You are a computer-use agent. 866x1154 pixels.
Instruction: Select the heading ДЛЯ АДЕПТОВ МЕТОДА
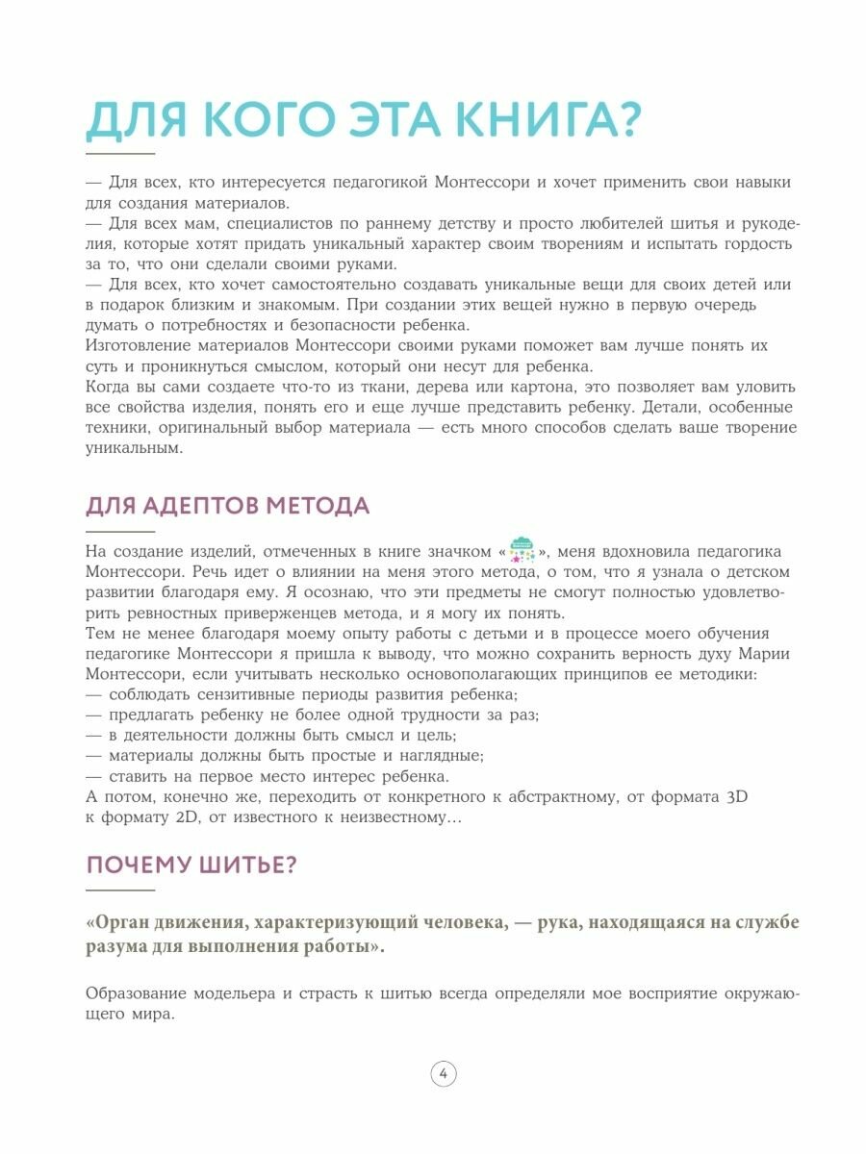point(227,506)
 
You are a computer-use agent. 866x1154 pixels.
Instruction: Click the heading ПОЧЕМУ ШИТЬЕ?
point(191,865)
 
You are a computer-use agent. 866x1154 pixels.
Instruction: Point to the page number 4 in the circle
point(444,1074)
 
